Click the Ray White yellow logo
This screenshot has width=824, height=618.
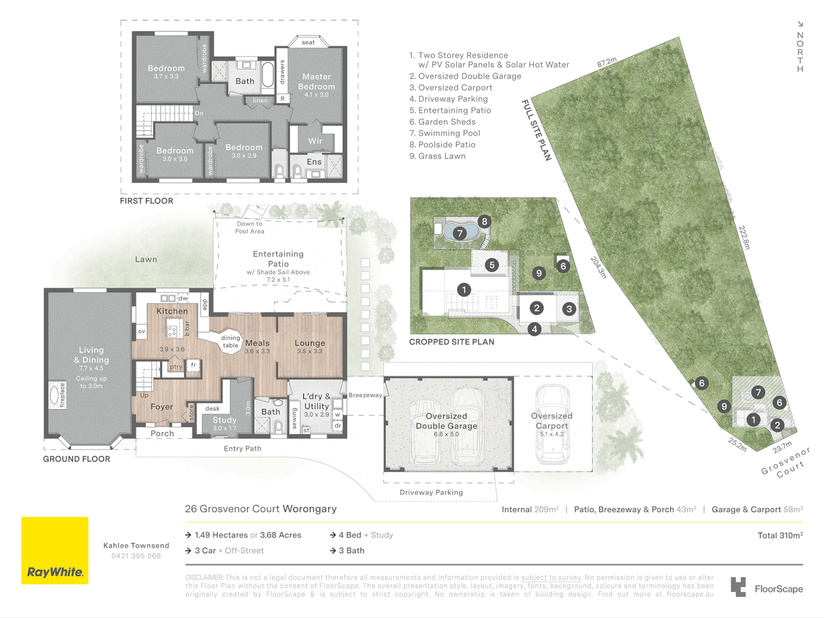(x=55, y=550)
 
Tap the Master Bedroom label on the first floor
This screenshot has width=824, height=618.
(x=316, y=82)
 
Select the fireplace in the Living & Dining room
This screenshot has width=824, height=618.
(x=56, y=395)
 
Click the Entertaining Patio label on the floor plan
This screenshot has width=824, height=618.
(x=278, y=259)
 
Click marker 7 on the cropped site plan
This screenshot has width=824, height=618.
(x=459, y=233)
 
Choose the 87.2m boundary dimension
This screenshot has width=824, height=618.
(x=607, y=62)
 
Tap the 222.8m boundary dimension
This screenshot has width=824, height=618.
(x=744, y=237)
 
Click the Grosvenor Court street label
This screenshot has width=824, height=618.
(x=786, y=462)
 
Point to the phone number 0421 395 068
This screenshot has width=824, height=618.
(x=136, y=556)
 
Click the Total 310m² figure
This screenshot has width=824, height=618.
(x=780, y=536)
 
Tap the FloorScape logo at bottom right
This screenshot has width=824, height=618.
(x=767, y=588)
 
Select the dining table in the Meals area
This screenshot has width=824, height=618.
(x=231, y=342)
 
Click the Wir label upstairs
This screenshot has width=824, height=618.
(x=315, y=141)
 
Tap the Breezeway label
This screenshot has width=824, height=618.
(x=365, y=395)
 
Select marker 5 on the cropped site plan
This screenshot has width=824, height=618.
(x=492, y=265)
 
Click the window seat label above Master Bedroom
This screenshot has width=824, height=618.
(x=308, y=42)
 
